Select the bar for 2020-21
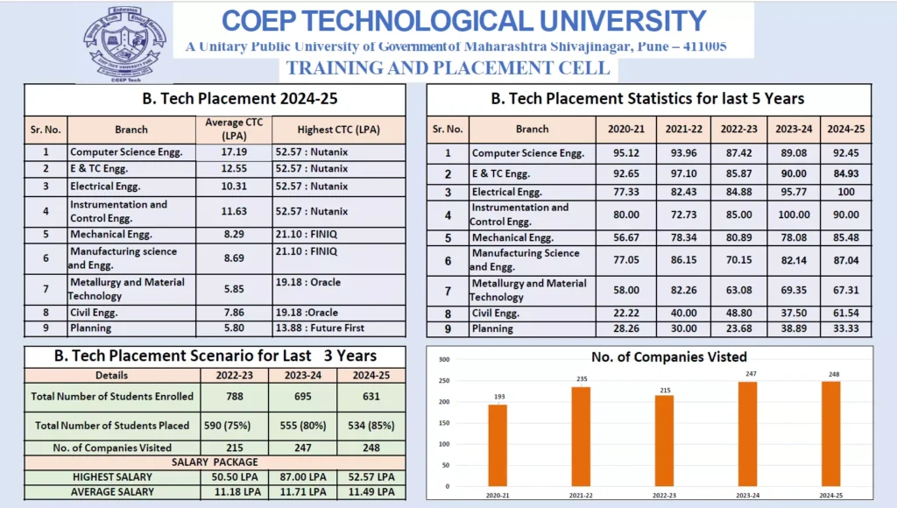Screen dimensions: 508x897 (498, 445)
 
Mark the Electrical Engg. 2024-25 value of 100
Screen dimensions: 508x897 (846, 192)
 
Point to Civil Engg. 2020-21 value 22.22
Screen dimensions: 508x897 (626, 314)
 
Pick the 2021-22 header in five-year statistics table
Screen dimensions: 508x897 (684, 129)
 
